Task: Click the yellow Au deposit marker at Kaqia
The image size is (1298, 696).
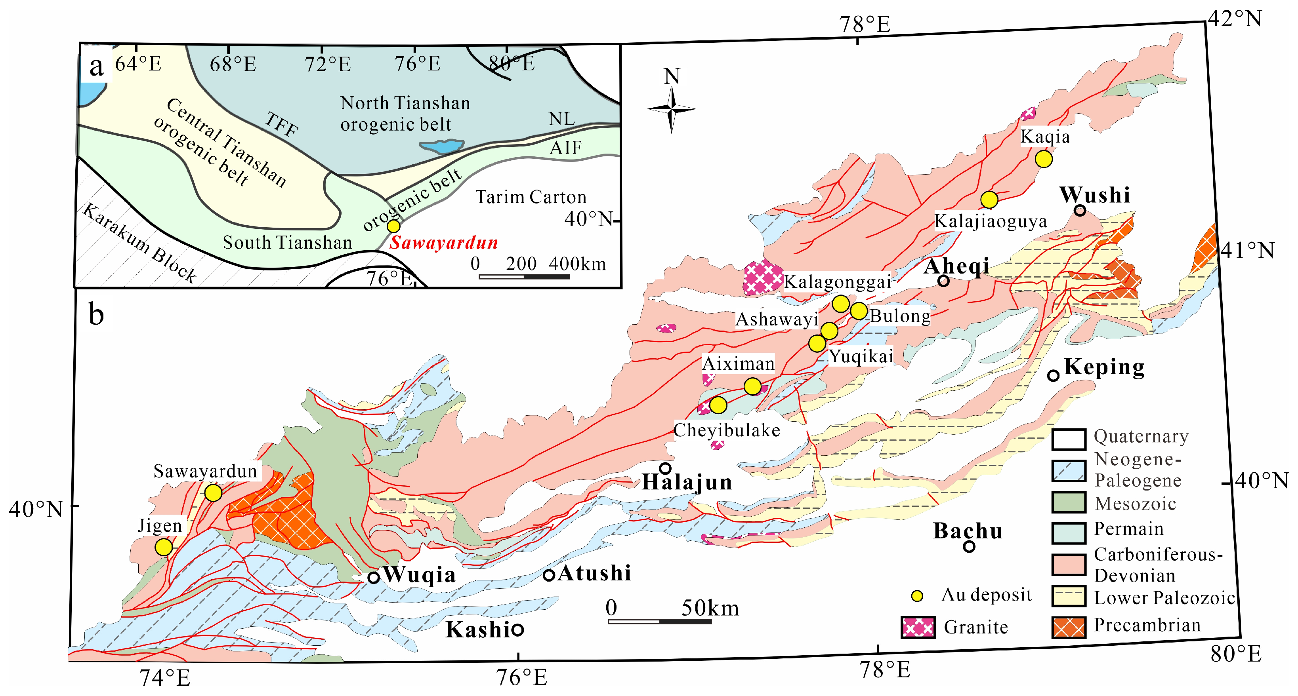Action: pyautogui.click(x=1044, y=159)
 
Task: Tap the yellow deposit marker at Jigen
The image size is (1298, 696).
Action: pyautogui.click(x=163, y=547)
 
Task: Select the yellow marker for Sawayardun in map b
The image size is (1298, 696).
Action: pyautogui.click(x=213, y=493)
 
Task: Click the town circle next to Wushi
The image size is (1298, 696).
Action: pyautogui.click(x=1079, y=211)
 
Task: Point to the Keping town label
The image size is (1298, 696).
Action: pyautogui.click(x=1104, y=367)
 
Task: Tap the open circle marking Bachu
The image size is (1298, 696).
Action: pyautogui.click(x=968, y=546)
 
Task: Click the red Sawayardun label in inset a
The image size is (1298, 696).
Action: pyautogui.click(x=444, y=243)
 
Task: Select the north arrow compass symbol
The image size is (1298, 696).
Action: pyautogui.click(x=671, y=109)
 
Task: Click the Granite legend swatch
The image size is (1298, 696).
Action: pyautogui.click(x=918, y=628)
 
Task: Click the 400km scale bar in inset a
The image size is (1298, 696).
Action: pyautogui.click(x=524, y=276)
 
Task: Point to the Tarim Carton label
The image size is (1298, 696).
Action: pyautogui.click(x=531, y=197)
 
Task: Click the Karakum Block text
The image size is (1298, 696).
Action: pyautogui.click(x=139, y=243)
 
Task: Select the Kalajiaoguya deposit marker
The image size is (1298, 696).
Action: pyautogui.click(x=989, y=200)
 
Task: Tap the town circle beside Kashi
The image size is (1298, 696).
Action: pyautogui.click(x=517, y=629)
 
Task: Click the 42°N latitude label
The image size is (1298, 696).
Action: pyautogui.click(x=1235, y=19)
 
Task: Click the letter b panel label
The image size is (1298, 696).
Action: pyautogui.click(x=96, y=315)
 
